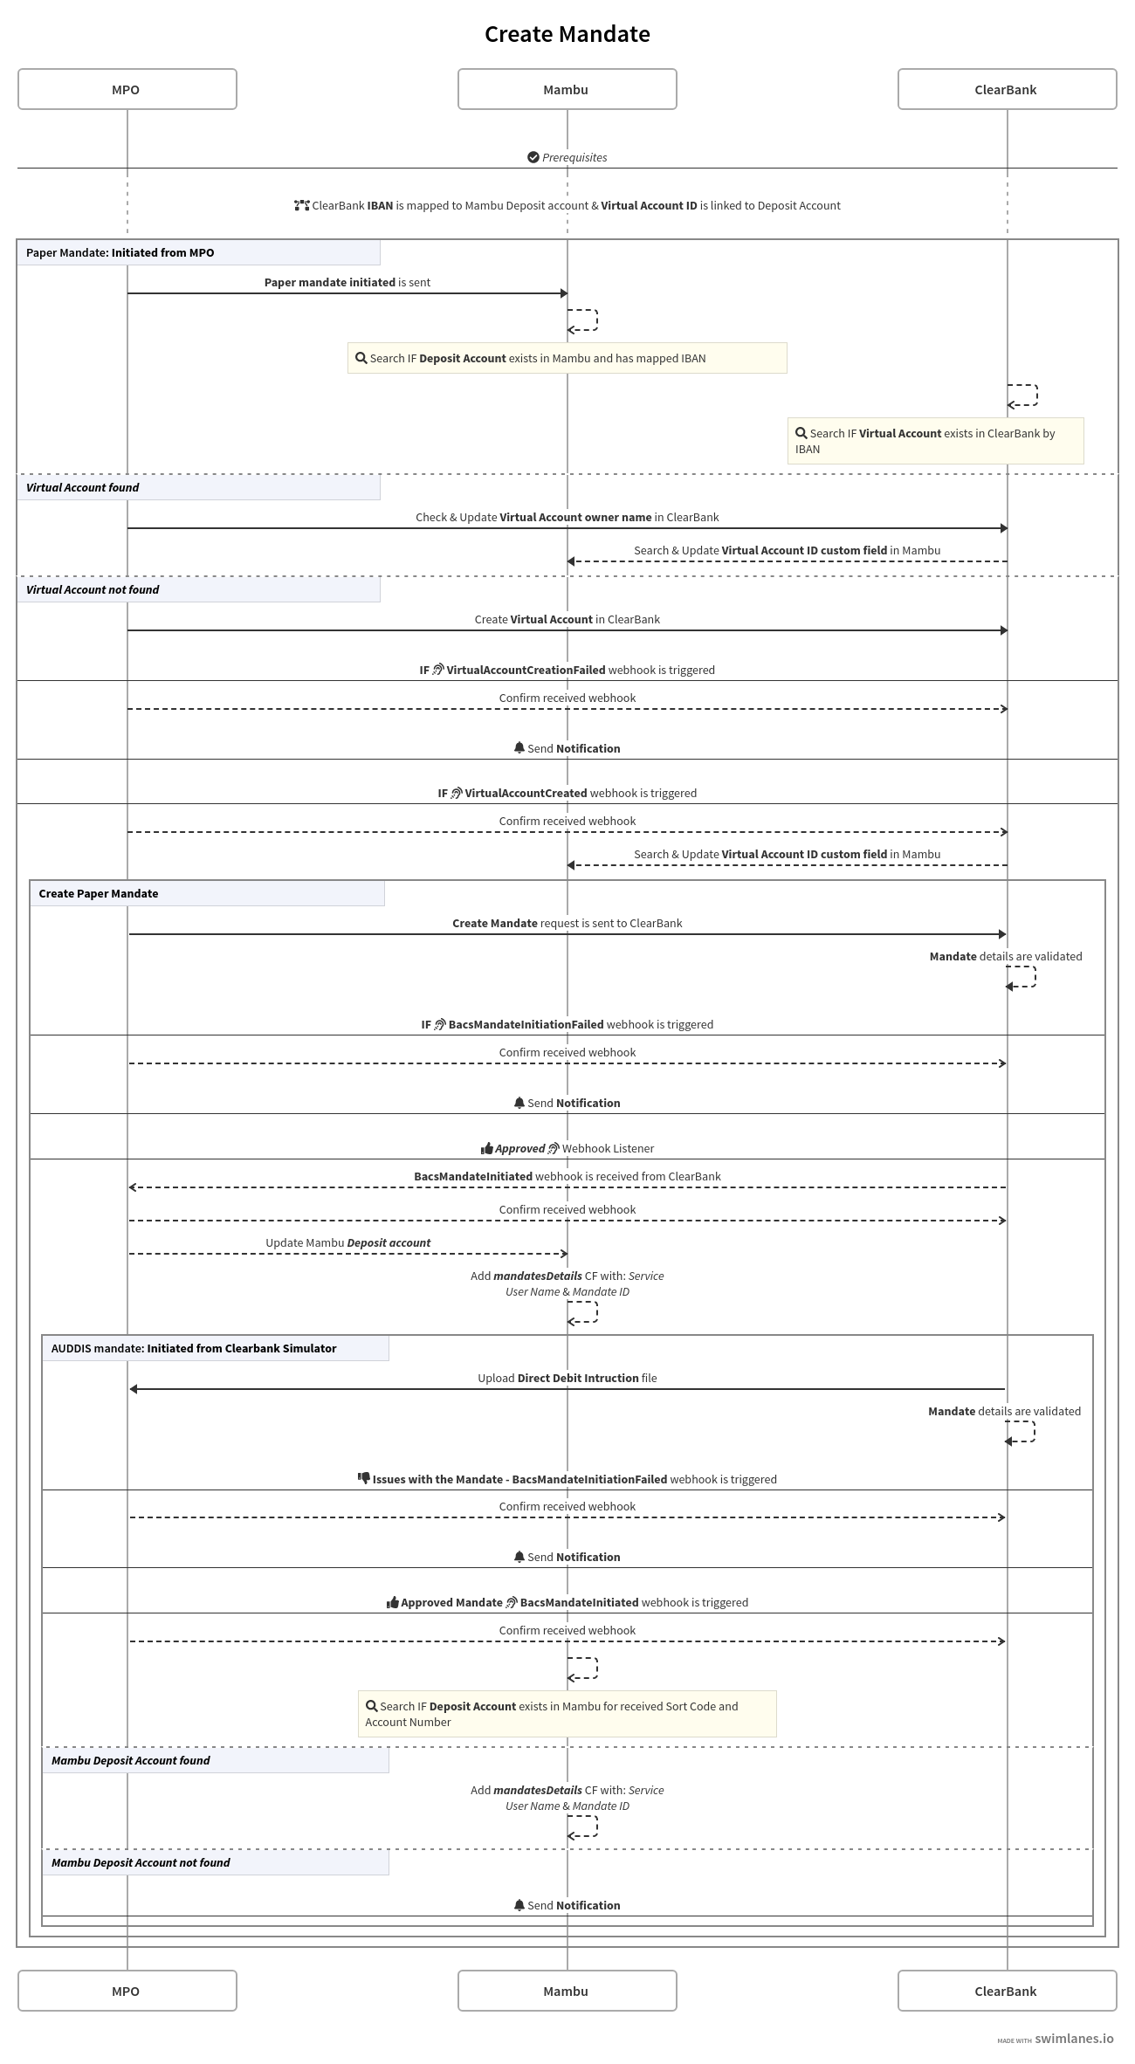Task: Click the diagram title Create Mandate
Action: [567, 34]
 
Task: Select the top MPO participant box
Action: [127, 89]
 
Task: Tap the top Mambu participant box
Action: [567, 89]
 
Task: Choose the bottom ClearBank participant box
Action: [1007, 1991]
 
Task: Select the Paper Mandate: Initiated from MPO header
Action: [120, 252]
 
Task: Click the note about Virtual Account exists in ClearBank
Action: [934, 441]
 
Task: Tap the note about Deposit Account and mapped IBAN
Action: [567, 358]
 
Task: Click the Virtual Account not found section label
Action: [93, 589]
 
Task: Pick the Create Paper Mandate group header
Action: [99, 893]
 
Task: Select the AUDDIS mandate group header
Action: [194, 1348]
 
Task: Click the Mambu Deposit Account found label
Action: [131, 1760]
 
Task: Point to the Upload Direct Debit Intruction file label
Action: [567, 1378]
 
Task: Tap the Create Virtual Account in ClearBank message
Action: [567, 619]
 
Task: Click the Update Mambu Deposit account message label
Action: [347, 1242]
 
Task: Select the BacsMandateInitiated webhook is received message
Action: [567, 1176]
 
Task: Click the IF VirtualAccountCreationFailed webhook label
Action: [567, 670]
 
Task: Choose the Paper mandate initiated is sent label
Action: [347, 282]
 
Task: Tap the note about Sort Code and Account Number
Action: [567, 1714]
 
